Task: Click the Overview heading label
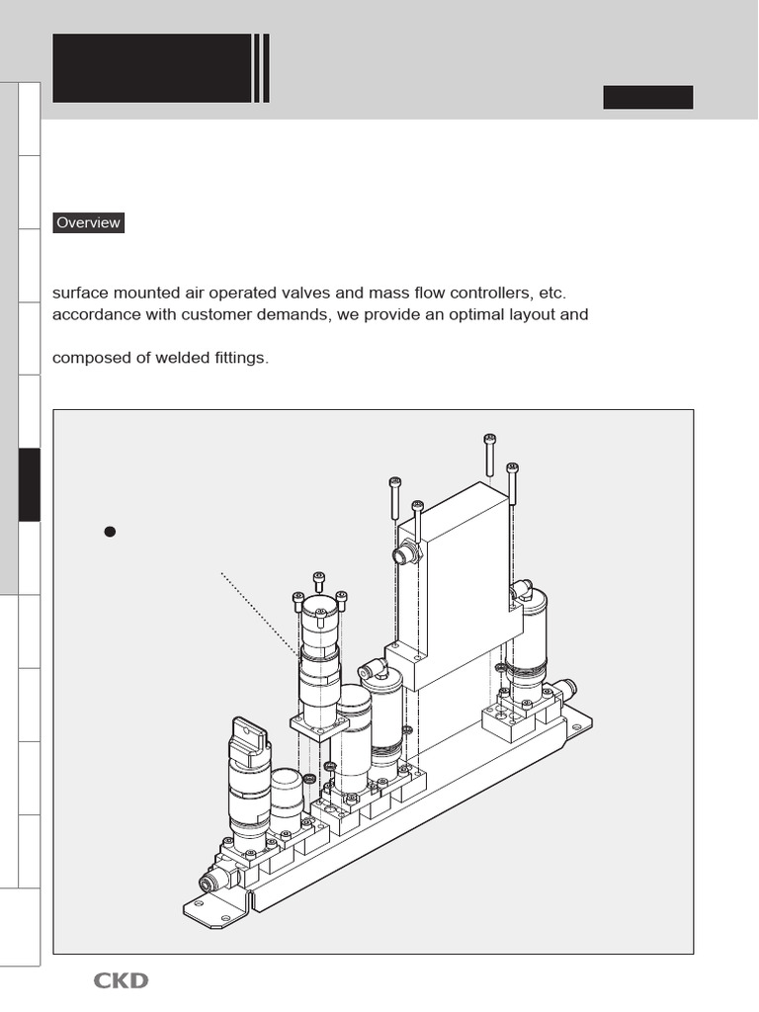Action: pyautogui.click(x=88, y=222)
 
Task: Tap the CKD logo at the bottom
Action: pyautogui.click(x=121, y=980)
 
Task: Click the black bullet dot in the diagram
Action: pyautogui.click(x=111, y=532)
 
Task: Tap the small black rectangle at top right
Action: pyautogui.click(x=647, y=97)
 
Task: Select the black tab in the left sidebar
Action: pyautogui.click(x=29, y=484)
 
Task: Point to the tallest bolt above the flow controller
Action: pyautogui.click(x=489, y=456)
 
